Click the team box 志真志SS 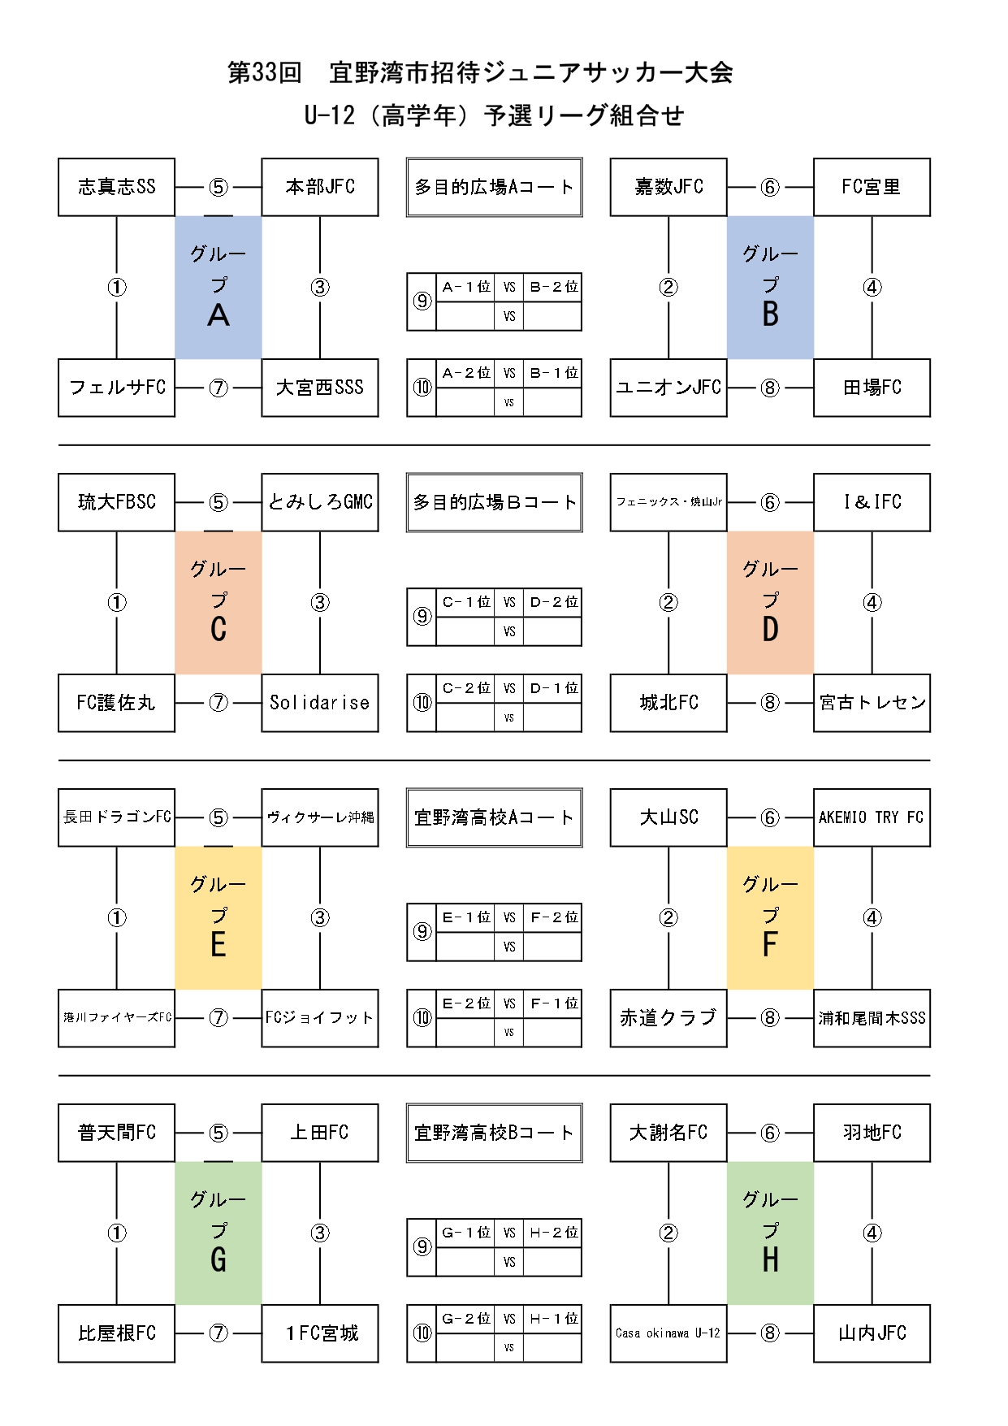pos(116,187)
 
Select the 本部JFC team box pos(319,187)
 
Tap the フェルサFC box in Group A pos(116,388)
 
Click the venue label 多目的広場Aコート pos(494,187)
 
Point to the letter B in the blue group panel pos(770,314)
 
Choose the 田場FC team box pos(872,388)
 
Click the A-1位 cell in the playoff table pos(465,287)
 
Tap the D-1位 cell pos(553,688)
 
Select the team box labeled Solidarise pos(319,703)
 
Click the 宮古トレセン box pos(872,703)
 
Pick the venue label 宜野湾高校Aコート pos(494,817)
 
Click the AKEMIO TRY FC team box pos(872,817)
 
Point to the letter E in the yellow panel pos(218,944)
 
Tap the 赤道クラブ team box pos(668,1018)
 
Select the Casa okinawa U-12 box pos(668,1333)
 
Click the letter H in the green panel pos(770,1259)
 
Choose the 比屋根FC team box pos(116,1333)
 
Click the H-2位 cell pos(553,1233)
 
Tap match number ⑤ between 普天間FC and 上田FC pos(218,1133)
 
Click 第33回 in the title pos(264,72)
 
